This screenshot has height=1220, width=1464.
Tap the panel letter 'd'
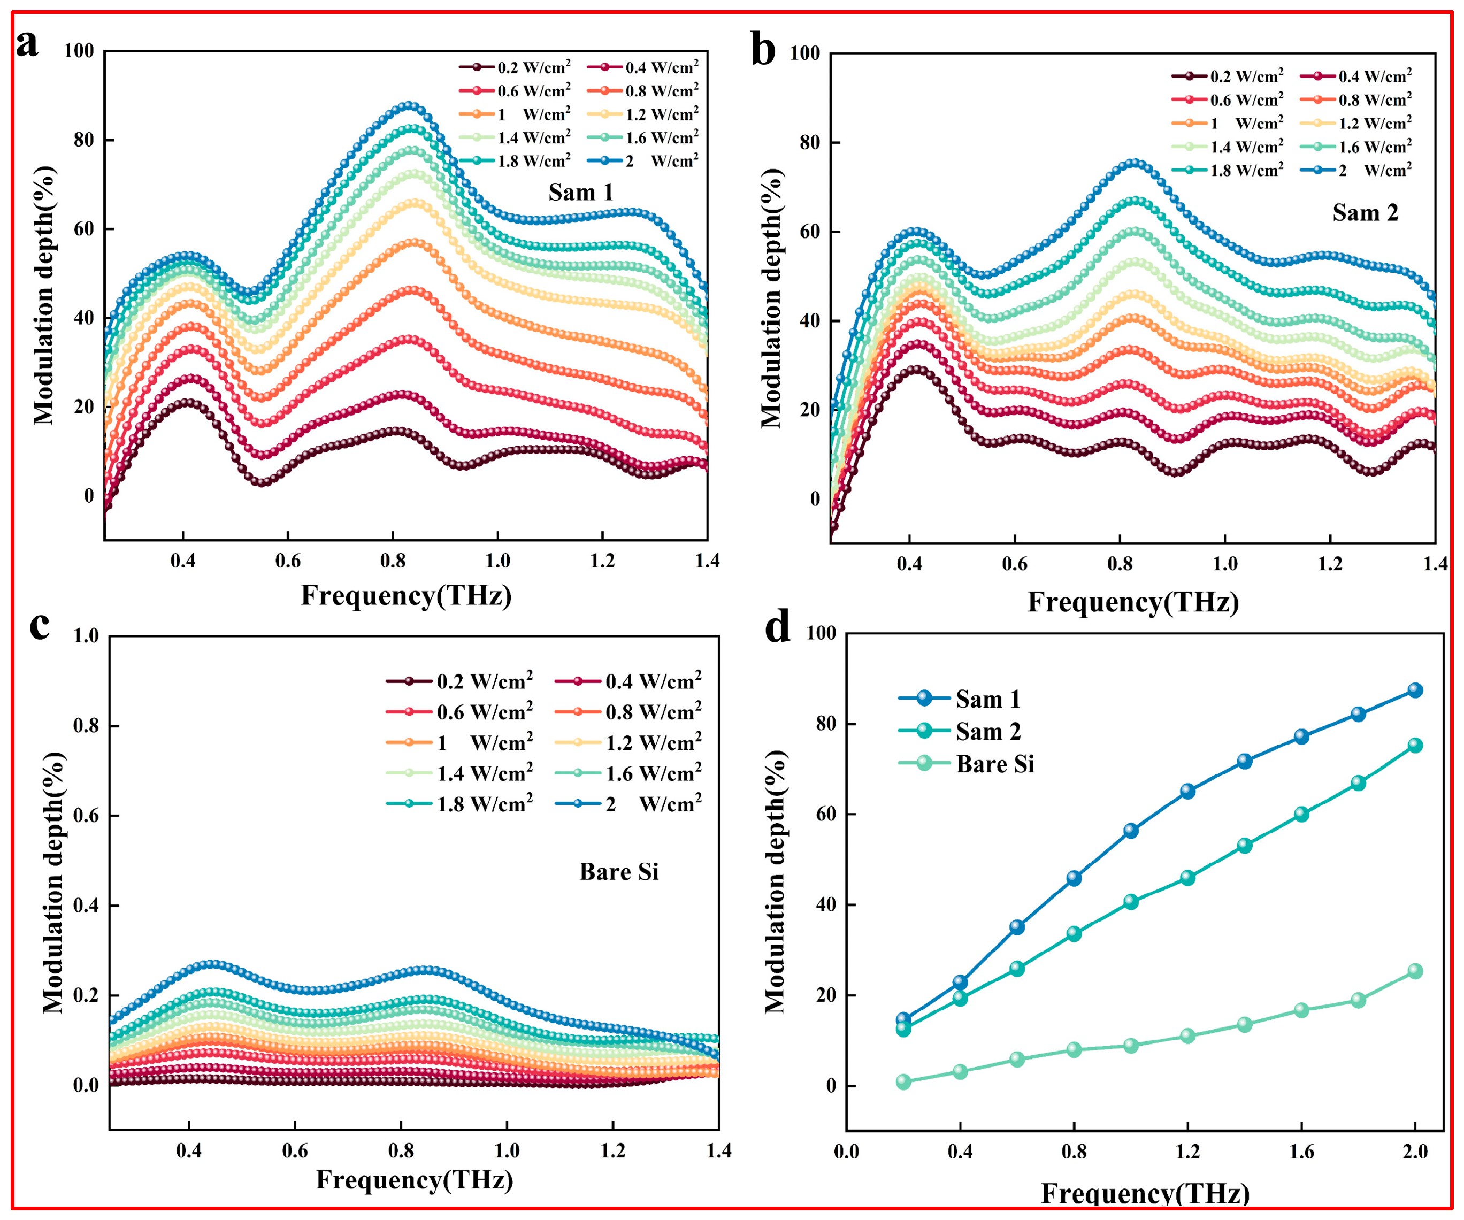(x=777, y=627)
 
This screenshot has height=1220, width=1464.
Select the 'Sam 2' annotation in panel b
(x=1365, y=213)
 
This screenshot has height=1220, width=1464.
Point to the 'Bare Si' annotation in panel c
(x=618, y=871)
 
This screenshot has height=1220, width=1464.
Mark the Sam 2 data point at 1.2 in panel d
(x=1187, y=878)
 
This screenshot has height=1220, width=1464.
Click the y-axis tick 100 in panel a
(x=79, y=51)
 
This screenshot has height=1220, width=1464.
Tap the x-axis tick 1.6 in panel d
(x=1301, y=1151)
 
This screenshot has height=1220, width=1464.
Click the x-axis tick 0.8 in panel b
(x=1120, y=563)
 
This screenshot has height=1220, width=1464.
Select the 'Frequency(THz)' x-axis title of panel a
(x=406, y=596)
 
